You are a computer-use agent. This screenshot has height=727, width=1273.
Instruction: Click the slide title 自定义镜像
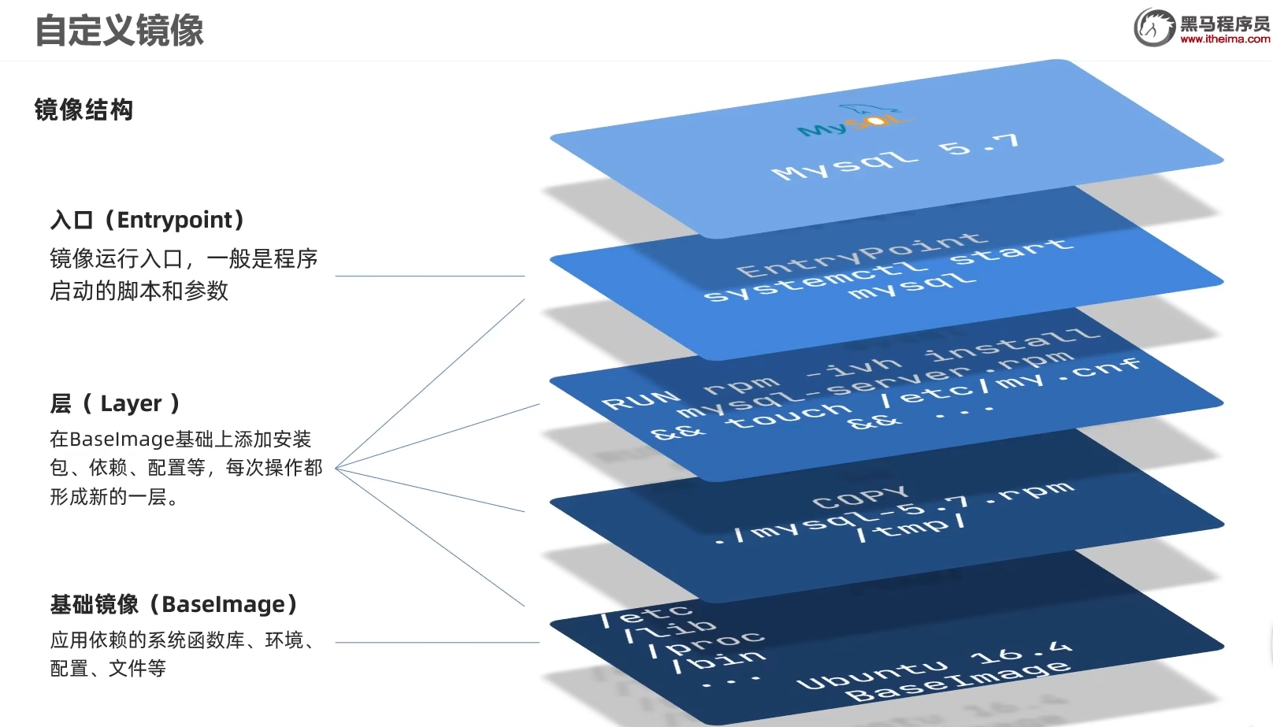(119, 31)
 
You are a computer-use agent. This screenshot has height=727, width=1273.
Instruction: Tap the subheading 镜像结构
(84, 109)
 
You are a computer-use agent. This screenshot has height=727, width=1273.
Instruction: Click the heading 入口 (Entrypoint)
(147, 220)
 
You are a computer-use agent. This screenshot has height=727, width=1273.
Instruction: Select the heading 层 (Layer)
(115, 403)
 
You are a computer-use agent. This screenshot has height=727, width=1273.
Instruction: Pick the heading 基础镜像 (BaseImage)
(174, 604)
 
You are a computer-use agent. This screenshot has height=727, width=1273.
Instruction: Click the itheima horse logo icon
(1154, 28)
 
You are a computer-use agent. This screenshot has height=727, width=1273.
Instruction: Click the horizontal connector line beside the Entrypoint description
(429, 276)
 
